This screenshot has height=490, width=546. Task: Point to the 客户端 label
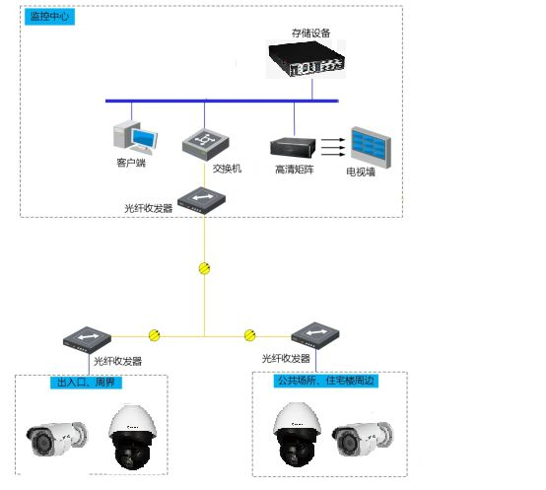(x=131, y=163)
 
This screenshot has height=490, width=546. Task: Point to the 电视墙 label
(x=360, y=173)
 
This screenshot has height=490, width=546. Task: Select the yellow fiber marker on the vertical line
(x=205, y=267)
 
